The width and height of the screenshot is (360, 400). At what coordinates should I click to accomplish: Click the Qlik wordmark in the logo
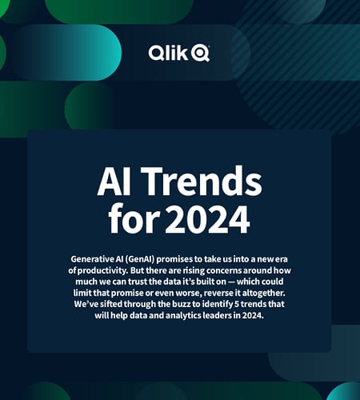coord(167,53)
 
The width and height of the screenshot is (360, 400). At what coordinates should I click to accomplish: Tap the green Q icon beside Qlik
coord(200,54)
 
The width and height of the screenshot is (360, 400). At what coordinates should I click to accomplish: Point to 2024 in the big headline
coord(212,218)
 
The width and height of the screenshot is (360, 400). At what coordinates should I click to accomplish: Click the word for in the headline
coord(134,218)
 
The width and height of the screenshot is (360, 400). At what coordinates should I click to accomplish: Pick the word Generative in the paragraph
coord(96,261)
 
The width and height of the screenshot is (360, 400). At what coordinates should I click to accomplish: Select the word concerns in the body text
coord(232,272)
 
